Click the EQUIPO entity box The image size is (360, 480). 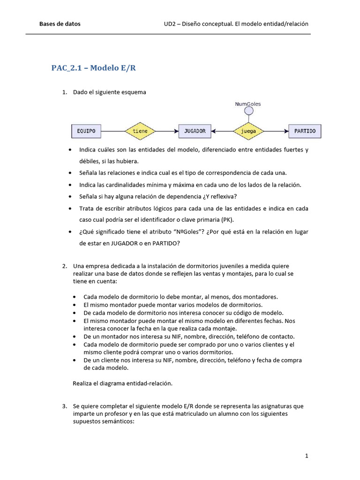click(x=86, y=131)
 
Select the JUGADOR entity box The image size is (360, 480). click(x=195, y=131)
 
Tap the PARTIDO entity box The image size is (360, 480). click(x=305, y=131)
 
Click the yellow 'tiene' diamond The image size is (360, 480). click(x=140, y=131)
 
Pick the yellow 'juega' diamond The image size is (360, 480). click(x=248, y=131)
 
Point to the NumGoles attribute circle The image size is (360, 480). click(x=248, y=111)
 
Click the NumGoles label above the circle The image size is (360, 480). click(x=248, y=104)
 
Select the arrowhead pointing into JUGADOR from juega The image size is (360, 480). click(x=214, y=131)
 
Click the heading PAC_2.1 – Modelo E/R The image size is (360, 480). click(x=93, y=68)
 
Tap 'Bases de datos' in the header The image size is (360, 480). click(x=60, y=24)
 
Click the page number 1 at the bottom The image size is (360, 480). click(x=307, y=456)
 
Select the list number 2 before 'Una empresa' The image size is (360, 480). click(x=64, y=266)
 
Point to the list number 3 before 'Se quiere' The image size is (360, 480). click(x=64, y=406)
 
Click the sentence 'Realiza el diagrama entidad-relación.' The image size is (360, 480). click(x=123, y=383)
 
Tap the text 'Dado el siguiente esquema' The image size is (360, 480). click(x=110, y=92)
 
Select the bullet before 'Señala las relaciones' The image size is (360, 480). click(x=70, y=173)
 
